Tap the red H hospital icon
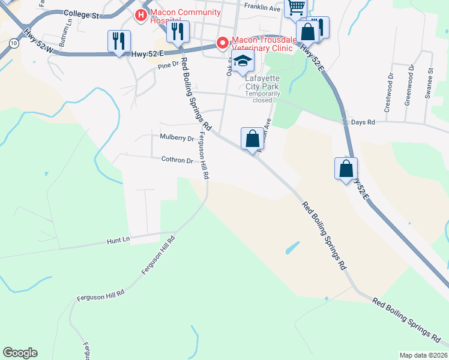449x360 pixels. (x=141, y=14)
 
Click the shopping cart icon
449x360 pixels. (x=295, y=7)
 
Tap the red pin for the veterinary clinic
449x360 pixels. (x=222, y=43)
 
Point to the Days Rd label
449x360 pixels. (x=363, y=122)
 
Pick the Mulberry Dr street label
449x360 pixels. (x=177, y=137)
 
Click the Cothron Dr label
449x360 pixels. (x=176, y=160)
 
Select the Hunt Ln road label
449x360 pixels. (x=118, y=240)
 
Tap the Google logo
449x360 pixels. (x=20, y=353)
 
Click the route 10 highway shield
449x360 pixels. (x=13, y=43)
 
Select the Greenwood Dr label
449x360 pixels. (x=409, y=85)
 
